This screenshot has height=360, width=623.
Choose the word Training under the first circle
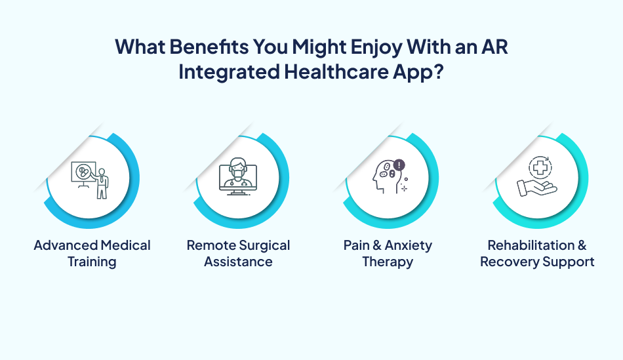click(92, 262)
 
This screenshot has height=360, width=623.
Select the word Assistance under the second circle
click(238, 262)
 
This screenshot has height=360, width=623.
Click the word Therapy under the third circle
click(388, 262)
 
